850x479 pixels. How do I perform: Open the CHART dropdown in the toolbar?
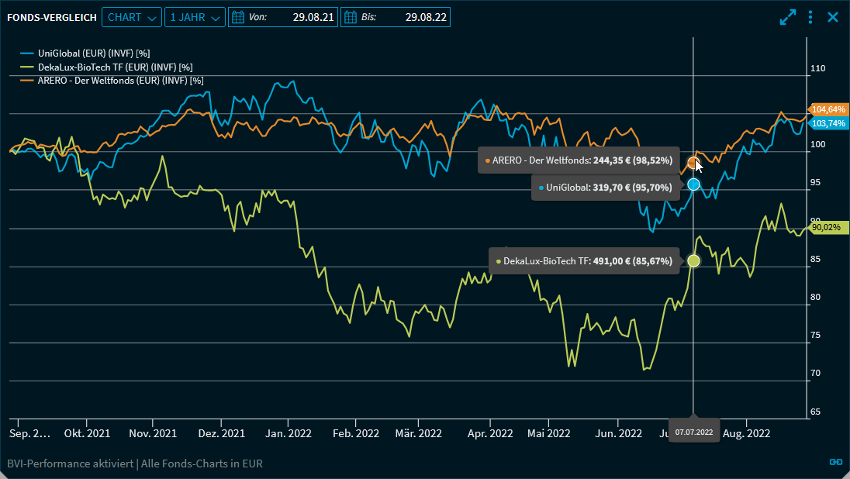point(131,17)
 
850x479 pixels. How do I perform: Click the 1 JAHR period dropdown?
point(195,17)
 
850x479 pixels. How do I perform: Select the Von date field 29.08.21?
point(283,17)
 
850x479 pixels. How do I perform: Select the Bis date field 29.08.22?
point(396,17)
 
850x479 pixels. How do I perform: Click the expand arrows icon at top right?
point(788,17)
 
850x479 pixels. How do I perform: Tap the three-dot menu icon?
point(810,17)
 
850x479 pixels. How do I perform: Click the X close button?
point(833,17)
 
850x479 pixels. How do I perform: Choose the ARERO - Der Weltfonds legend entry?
point(120,80)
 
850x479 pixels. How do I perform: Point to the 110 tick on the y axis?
point(817,69)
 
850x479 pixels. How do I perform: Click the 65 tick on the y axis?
point(815,412)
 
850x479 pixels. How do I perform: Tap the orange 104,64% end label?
point(828,109)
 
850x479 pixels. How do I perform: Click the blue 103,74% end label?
point(828,123)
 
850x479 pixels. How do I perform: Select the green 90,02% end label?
point(826,227)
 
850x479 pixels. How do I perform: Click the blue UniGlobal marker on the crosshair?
point(693,184)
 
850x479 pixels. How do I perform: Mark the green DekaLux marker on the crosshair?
point(693,261)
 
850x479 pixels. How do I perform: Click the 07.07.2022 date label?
point(693,431)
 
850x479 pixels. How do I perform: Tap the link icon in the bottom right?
point(835,462)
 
